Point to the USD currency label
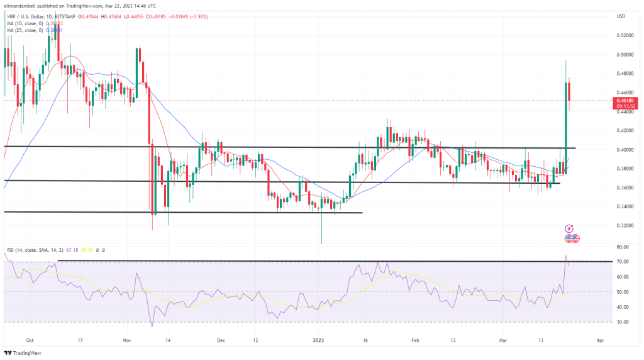click(621, 16)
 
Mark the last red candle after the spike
click(569, 91)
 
